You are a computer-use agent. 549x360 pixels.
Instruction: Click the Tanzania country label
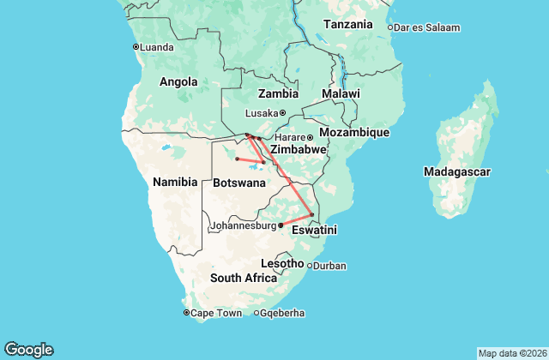coord(348,24)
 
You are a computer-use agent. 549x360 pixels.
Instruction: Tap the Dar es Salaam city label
coord(427,27)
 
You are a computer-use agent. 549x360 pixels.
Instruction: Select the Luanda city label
coord(155,46)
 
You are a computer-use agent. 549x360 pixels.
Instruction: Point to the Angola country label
coord(178,82)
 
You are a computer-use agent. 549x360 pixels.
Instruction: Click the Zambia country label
coord(278,93)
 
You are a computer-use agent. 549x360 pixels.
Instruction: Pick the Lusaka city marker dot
coord(282,113)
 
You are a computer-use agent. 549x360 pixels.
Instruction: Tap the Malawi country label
coord(341,93)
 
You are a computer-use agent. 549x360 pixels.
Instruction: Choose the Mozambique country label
coord(354,133)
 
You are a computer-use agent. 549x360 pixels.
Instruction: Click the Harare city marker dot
coord(311,137)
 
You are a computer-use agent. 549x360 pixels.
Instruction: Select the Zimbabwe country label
coord(298,150)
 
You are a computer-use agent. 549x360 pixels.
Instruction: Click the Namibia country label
coord(175,182)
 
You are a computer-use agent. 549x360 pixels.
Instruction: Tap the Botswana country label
coord(233,183)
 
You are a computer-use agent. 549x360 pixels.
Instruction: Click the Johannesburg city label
coord(244,226)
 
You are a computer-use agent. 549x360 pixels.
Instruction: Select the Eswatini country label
coord(314,231)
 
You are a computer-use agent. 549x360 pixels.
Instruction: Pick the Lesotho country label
coord(282,263)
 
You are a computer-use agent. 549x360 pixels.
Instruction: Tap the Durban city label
coord(329,266)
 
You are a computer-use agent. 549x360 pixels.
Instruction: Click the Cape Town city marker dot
coord(186,313)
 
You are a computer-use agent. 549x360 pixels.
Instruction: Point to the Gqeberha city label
coord(283,313)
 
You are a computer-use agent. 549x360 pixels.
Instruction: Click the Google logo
coord(28,350)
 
